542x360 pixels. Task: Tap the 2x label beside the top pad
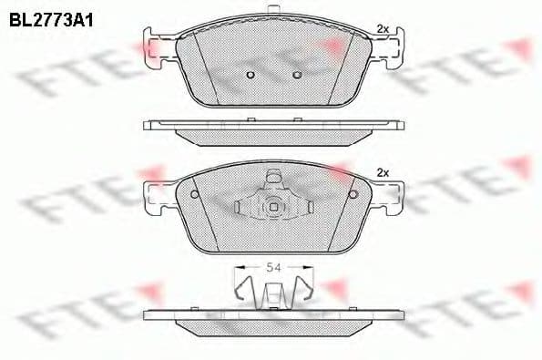(x=383, y=29)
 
